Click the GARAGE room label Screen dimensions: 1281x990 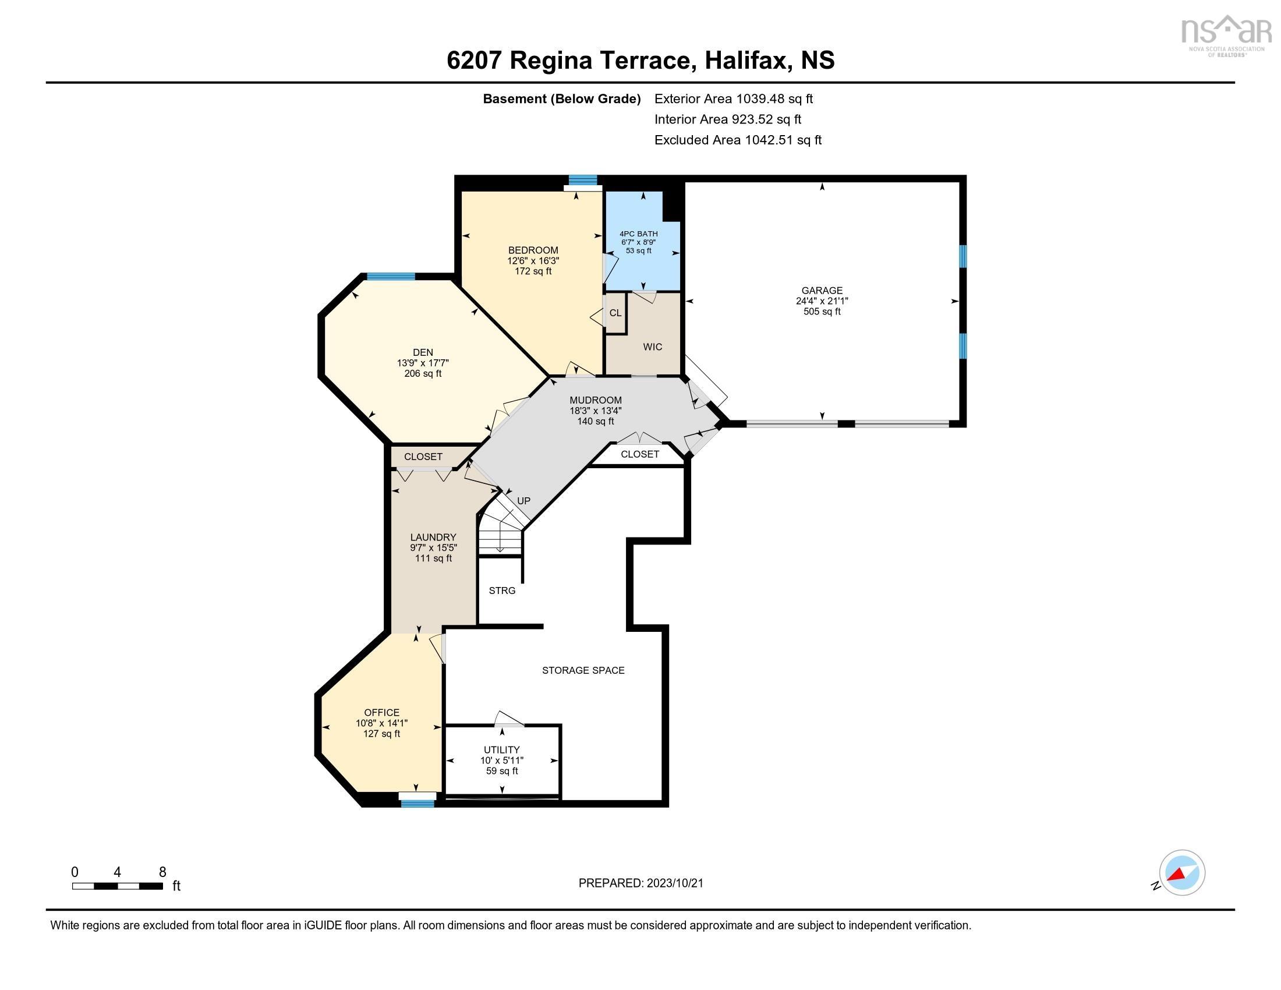click(x=822, y=291)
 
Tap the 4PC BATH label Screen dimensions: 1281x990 click(x=639, y=234)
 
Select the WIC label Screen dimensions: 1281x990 click(x=652, y=346)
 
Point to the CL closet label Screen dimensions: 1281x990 click(x=615, y=313)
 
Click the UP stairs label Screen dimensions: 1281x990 click(x=523, y=500)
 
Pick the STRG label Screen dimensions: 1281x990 click(x=502, y=591)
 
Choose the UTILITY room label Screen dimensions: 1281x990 click(x=501, y=749)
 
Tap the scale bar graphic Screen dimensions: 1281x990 click(x=117, y=886)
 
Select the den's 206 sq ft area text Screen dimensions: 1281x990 click(x=423, y=373)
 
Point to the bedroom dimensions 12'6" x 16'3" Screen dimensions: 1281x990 click(x=533, y=260)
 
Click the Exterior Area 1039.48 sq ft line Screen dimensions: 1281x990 click(x=734, y=98)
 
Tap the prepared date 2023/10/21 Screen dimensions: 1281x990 click(x=674, y=883)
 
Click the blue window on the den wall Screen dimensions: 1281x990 click(x=391, y=276)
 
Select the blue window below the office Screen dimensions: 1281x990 click(x=417, y=804)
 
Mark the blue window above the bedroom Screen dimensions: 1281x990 click(x=583, y=179)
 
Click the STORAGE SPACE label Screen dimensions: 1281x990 click(x=583, y=670)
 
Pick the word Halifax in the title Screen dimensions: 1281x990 click(x=745, y=60)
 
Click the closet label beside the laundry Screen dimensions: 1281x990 click(x=423, y=457)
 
